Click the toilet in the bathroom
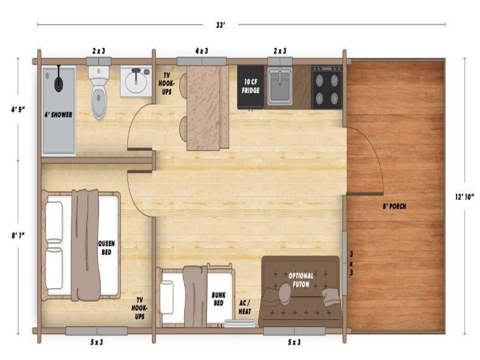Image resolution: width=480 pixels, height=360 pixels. [x=98, y=92]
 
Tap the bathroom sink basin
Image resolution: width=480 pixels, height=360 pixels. [x=136, y=82]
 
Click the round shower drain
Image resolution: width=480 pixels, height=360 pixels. [x=59, y=83]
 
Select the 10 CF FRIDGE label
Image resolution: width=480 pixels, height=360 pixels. [x=251, y=86]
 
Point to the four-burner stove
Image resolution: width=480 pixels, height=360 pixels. [x=326, y=88]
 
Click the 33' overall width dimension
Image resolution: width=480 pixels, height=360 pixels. [x=220, y=25]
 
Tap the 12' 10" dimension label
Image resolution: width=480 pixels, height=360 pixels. [x=464, y=197]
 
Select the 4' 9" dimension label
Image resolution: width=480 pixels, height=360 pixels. [x=18, y=109]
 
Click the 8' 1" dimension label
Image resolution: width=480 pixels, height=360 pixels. [x=18, y=235]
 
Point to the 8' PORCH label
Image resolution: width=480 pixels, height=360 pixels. [x=394, y=206]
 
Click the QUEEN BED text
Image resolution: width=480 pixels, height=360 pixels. [x=107, y=248]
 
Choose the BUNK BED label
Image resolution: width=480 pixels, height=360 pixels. [x=218, y=299]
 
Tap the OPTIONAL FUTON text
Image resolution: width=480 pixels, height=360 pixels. [x=301, y=280]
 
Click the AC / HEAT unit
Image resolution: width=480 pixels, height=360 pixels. [x=240, y=323]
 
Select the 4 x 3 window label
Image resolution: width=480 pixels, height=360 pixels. [x=202, y=51]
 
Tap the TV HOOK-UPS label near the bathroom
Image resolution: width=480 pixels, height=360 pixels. [x=167, y=83]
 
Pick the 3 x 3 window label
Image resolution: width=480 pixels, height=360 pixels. [x=352, y=263]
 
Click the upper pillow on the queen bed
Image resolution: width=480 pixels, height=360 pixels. [x=54, y=222]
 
